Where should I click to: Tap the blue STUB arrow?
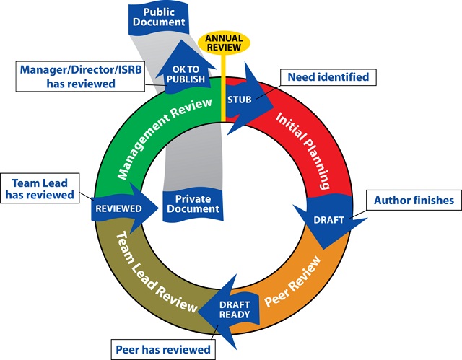tap(242, 99)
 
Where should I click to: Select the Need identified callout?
tap(328, 77)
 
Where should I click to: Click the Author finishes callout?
tap(412, 200)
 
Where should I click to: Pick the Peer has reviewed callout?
tap(164, 350)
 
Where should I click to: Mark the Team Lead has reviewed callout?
tap(42, 187)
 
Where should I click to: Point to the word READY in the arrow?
tap(235, 314)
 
